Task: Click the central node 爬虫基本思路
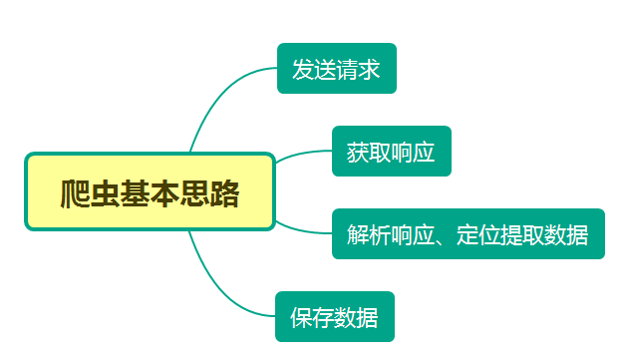pos(150,191)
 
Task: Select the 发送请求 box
pos(336,69)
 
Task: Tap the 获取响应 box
pos(391,152)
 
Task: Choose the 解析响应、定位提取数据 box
pos(468,234)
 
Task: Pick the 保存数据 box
pos(334,317)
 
